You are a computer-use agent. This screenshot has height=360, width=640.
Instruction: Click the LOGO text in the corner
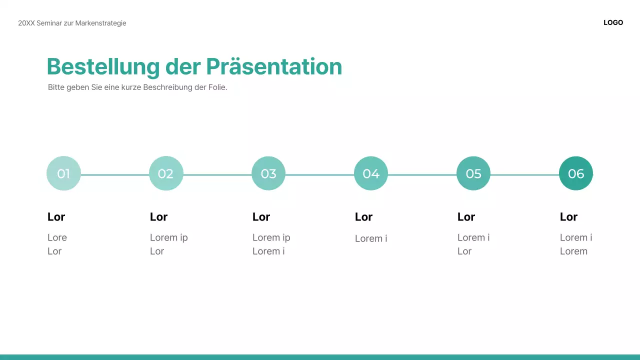[613, 22]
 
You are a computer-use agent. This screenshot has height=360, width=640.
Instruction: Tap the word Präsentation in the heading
[274, 67]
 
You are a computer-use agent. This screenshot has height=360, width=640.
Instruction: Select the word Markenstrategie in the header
[100, 23]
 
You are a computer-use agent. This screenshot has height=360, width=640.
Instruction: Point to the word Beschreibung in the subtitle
[167, 87]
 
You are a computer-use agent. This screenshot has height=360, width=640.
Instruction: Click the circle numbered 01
[63, 173]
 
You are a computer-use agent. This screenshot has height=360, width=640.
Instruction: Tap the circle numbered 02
[166, 173]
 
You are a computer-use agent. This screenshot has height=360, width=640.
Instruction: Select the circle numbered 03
[268, 173]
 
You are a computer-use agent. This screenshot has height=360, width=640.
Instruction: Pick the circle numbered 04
[371, 173]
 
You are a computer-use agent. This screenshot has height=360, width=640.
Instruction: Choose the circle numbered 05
[473, 173]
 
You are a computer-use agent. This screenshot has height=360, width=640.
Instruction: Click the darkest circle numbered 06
[576, 173]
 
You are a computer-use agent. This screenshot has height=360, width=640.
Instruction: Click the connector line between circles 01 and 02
[115, 175]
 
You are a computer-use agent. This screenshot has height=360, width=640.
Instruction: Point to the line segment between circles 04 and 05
[422, 175]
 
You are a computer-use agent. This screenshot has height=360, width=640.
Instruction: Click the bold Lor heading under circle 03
[261, 217]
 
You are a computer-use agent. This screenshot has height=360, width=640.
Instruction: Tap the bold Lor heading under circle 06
[568, 217]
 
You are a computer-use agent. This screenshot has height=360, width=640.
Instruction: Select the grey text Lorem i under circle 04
[371, 238]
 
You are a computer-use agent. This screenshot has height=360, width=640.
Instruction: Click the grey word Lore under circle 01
[57, 237]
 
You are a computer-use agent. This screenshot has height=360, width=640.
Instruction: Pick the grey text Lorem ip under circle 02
[168, 237]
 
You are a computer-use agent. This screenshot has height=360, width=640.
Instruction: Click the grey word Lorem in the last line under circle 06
[573, 251]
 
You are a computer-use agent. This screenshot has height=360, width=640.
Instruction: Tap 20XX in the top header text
[26, 23]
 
